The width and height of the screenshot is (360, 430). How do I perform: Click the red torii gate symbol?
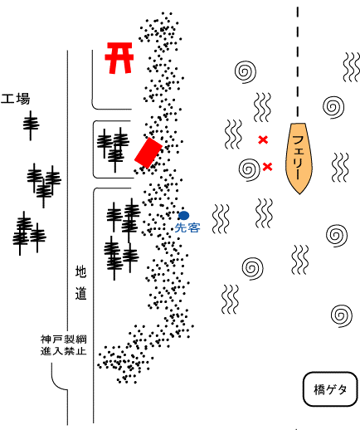(119, 58)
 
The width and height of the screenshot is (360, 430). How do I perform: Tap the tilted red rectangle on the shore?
(148, 153)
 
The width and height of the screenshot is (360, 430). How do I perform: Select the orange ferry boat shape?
(299, 159)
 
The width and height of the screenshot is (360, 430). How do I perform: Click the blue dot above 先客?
(184, 215)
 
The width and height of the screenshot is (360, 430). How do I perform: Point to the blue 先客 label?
(187, 227)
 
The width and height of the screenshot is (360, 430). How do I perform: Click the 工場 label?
(16, 99)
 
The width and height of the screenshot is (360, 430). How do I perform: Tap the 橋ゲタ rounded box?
(330, 389)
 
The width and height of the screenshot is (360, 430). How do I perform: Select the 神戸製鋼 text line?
(64, 339)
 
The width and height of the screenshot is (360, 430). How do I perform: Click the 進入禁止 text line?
(64, 351)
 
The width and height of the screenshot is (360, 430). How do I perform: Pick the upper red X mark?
(263, 139)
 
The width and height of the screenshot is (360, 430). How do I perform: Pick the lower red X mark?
(267, 167)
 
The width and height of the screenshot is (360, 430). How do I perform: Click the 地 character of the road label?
(80, 271)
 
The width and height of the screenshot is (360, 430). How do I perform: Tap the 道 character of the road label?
(80, 294)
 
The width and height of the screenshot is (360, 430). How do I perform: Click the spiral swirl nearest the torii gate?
(246, 71)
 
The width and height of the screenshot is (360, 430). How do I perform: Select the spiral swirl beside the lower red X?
(250, 169)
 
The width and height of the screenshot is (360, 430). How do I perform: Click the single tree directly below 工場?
(31, 125)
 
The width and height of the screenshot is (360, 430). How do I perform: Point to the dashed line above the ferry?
(298, 61)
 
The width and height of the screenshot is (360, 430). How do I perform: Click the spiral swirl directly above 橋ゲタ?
(342, 315)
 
